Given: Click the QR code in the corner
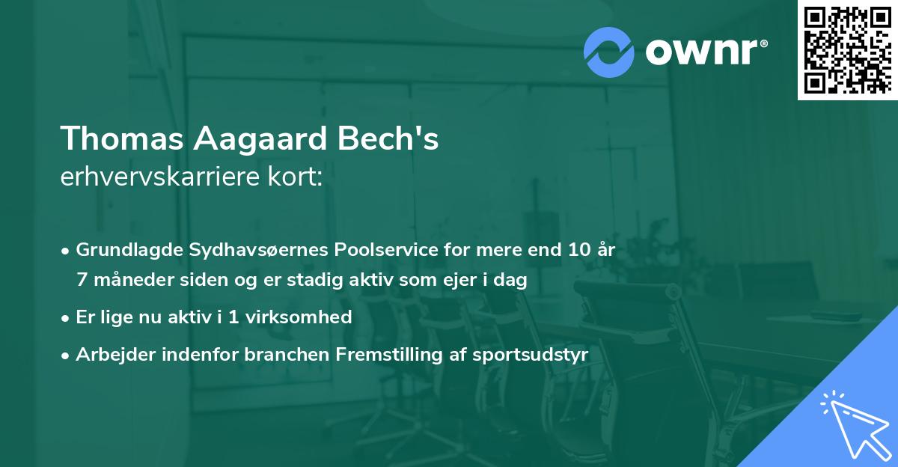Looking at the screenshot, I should [847, 50].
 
